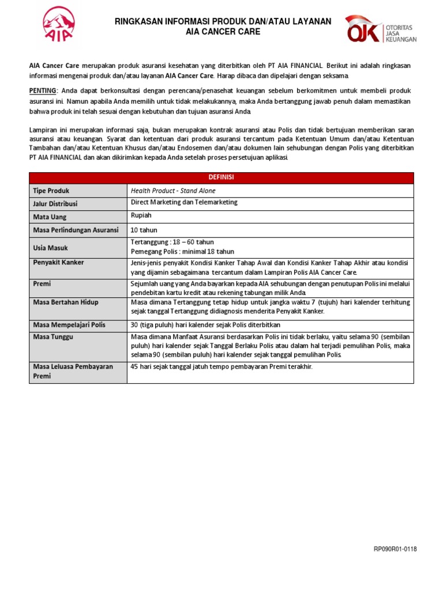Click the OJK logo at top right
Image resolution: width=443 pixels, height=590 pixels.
pyautogui.click(x=380, y=29)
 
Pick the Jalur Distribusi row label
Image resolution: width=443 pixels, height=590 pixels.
pyautogui.click(x=55, y=204)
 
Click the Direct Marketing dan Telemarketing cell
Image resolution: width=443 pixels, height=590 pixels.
pyautogui.click(x=184, y=203)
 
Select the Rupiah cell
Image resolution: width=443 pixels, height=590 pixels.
pyautogui.click(x=141, y=216)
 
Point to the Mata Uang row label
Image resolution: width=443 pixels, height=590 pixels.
pyautogui.click(x=50, y=217)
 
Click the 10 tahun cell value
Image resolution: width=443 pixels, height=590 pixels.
pyautogui.click(x=144, y=230)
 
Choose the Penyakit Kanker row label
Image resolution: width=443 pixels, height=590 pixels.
pyautogui.click(x=58, y=263)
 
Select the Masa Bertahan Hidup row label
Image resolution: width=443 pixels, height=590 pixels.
pyautogui.click(x=65, y=302)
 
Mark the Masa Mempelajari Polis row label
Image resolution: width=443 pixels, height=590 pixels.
pyautogui.click(x=70, y=325)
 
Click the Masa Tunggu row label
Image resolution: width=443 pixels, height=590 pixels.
pyautogui.click(x=52, y=336)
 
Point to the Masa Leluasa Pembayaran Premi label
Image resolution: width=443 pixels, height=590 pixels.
pyautogui.click(x=73, y=371)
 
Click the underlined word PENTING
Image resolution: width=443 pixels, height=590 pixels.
pyautogui.click(x=43, y=91)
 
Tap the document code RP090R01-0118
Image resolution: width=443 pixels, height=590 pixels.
pyautogui.click(x=395, y=549)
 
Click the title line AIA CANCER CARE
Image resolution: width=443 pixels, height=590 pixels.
pyautogui.click(x=223, y=32)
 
